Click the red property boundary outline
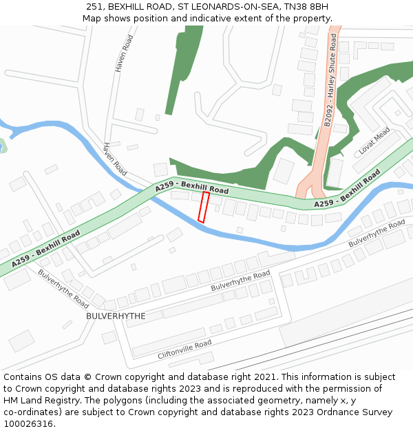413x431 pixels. [x=204, y=207]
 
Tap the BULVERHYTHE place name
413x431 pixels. [x=116, y=315]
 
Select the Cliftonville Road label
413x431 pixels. [x=184, y=350]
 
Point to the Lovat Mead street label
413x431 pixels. [x=374, y=141]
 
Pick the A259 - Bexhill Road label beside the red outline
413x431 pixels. [x=191, y=187]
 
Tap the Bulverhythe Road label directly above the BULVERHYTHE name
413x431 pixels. [x=64, y=288]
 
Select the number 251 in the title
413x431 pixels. [x=95, y=7]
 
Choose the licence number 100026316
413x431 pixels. [x=30, y=424]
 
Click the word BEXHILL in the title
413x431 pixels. [x=129, y=7]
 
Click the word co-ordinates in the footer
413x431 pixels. [x=31, y=412]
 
